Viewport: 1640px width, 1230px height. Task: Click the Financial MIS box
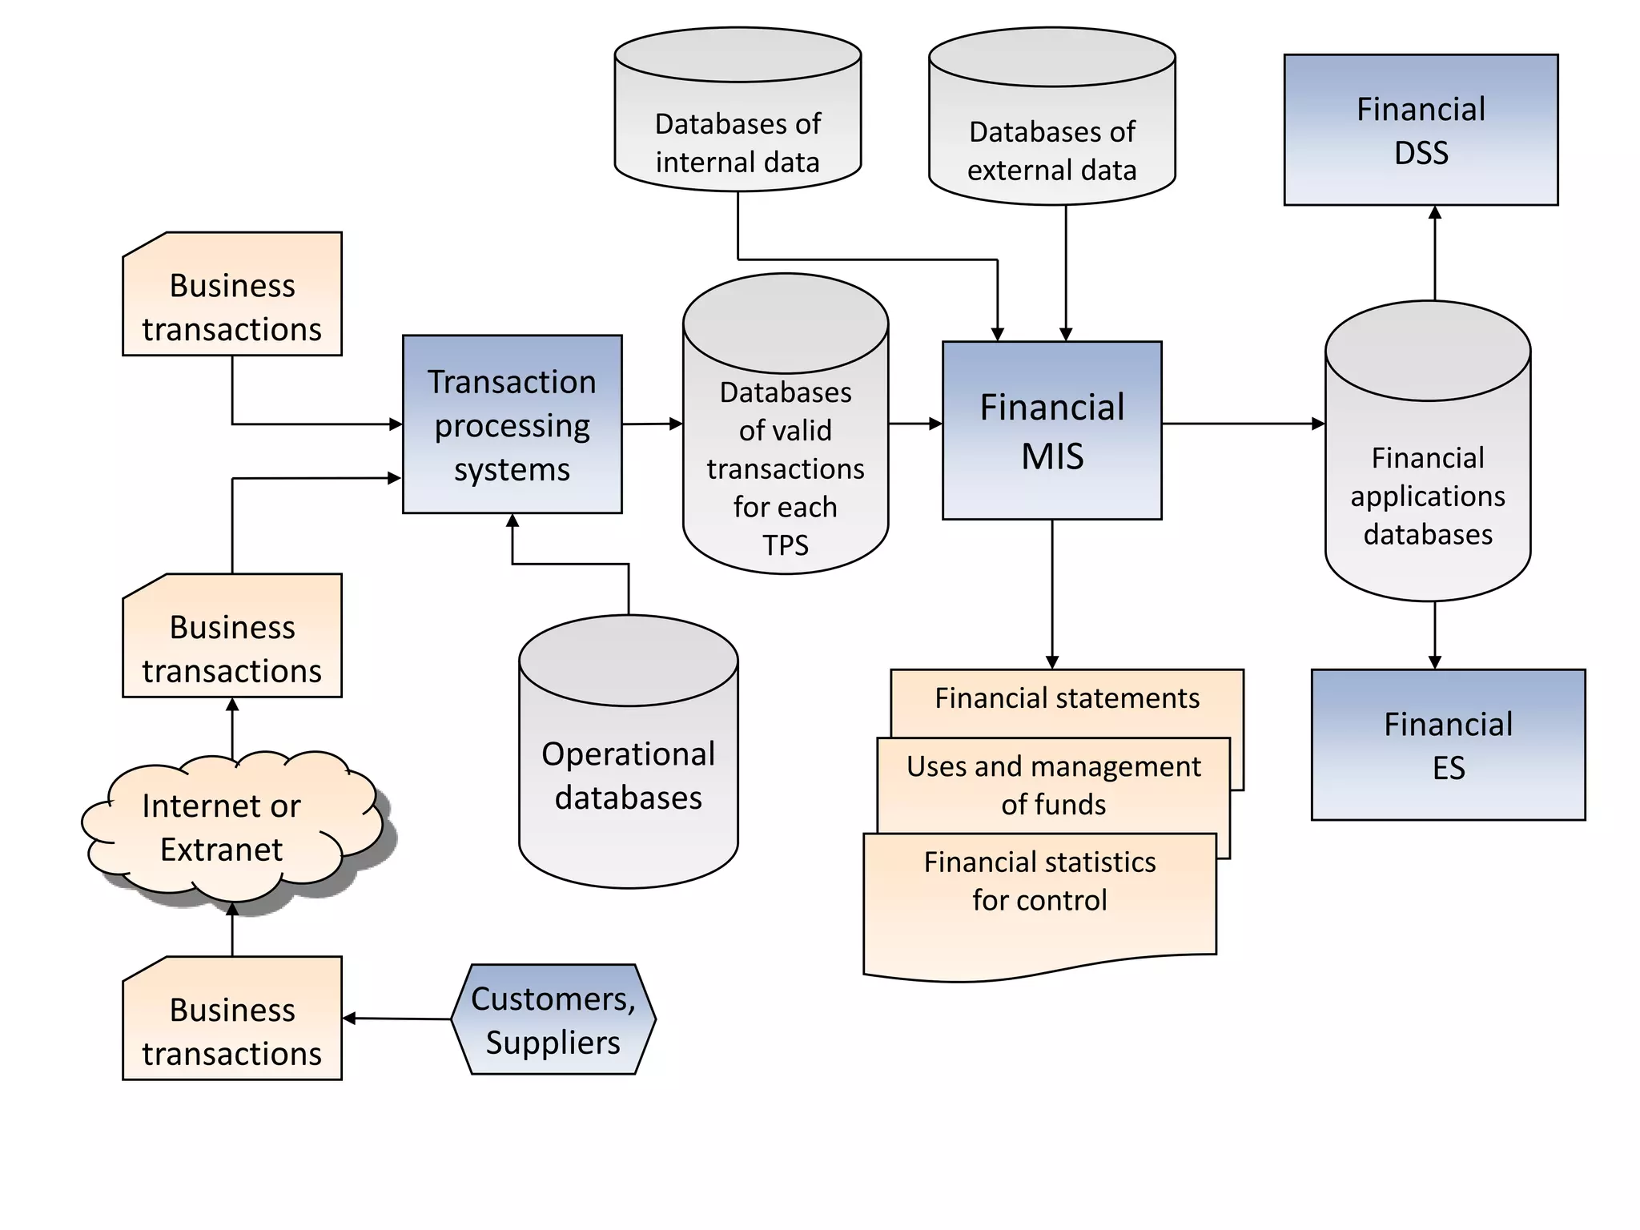(x=1051, y=431)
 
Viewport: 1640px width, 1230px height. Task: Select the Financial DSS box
(x=1421, y=130)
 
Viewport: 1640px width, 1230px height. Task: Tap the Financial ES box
(x=1448, y=745)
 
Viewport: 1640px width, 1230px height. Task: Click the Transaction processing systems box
(x=512, y=424)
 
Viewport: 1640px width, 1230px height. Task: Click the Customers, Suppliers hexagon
(x=553, y=1019)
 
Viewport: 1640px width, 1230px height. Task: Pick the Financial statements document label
(x=1067, y=698)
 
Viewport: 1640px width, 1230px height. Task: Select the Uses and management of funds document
(x=1053, y=785)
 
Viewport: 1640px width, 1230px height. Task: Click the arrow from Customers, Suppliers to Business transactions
(x=398, y=1019)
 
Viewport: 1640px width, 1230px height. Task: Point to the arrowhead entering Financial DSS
(x=1434, y=213)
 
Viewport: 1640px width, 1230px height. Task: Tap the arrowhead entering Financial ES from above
(x=1434, y=661)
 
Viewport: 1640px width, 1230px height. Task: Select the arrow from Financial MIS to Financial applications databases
(x=1241, y=424)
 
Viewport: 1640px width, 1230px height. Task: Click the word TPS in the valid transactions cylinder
(x=785, y=545)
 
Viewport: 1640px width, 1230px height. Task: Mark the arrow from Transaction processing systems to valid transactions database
(x=652, y=424)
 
